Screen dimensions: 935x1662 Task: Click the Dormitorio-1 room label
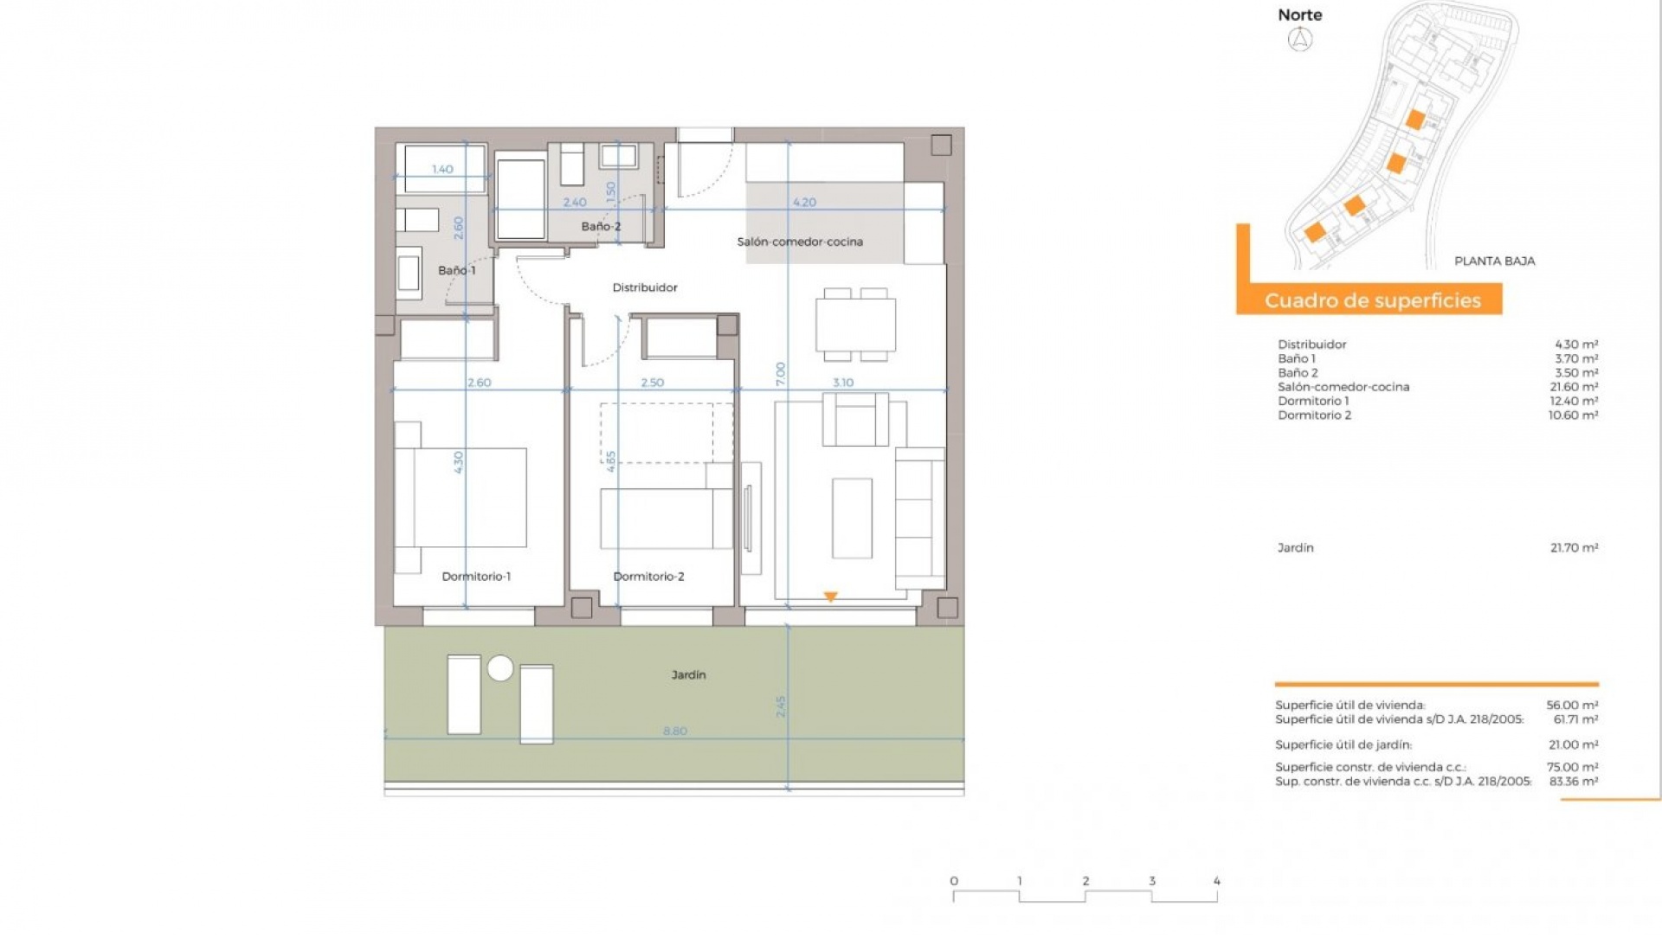[476, 577]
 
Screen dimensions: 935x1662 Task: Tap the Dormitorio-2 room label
[648, 577]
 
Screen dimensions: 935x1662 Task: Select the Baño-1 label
[456, 270]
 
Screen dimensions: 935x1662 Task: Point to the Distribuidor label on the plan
[645, 287]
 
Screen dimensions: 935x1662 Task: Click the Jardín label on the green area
[688, 674]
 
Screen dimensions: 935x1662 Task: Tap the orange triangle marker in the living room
[831, 596]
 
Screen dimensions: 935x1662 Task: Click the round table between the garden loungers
[500, 668]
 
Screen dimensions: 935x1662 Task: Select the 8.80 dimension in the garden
[675, 732]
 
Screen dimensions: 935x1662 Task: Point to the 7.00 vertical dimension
[780, 374]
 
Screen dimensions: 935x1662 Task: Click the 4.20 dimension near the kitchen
[804, 203]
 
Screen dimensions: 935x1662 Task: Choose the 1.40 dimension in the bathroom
[442, 170]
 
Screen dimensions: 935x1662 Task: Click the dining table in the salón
[855, 325]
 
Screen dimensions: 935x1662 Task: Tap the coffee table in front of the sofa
[852, 518]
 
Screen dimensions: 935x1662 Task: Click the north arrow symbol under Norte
[1300, 39]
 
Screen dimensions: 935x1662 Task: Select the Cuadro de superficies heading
[1372, 300]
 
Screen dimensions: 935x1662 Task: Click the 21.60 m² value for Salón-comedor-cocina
[1574, 387]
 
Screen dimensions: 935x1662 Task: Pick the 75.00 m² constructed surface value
[1572, 767]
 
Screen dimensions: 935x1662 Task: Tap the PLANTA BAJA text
[1494, 261]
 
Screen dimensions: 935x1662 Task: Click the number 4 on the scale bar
[1216, 881]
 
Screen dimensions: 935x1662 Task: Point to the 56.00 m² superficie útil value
[1572, 706]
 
